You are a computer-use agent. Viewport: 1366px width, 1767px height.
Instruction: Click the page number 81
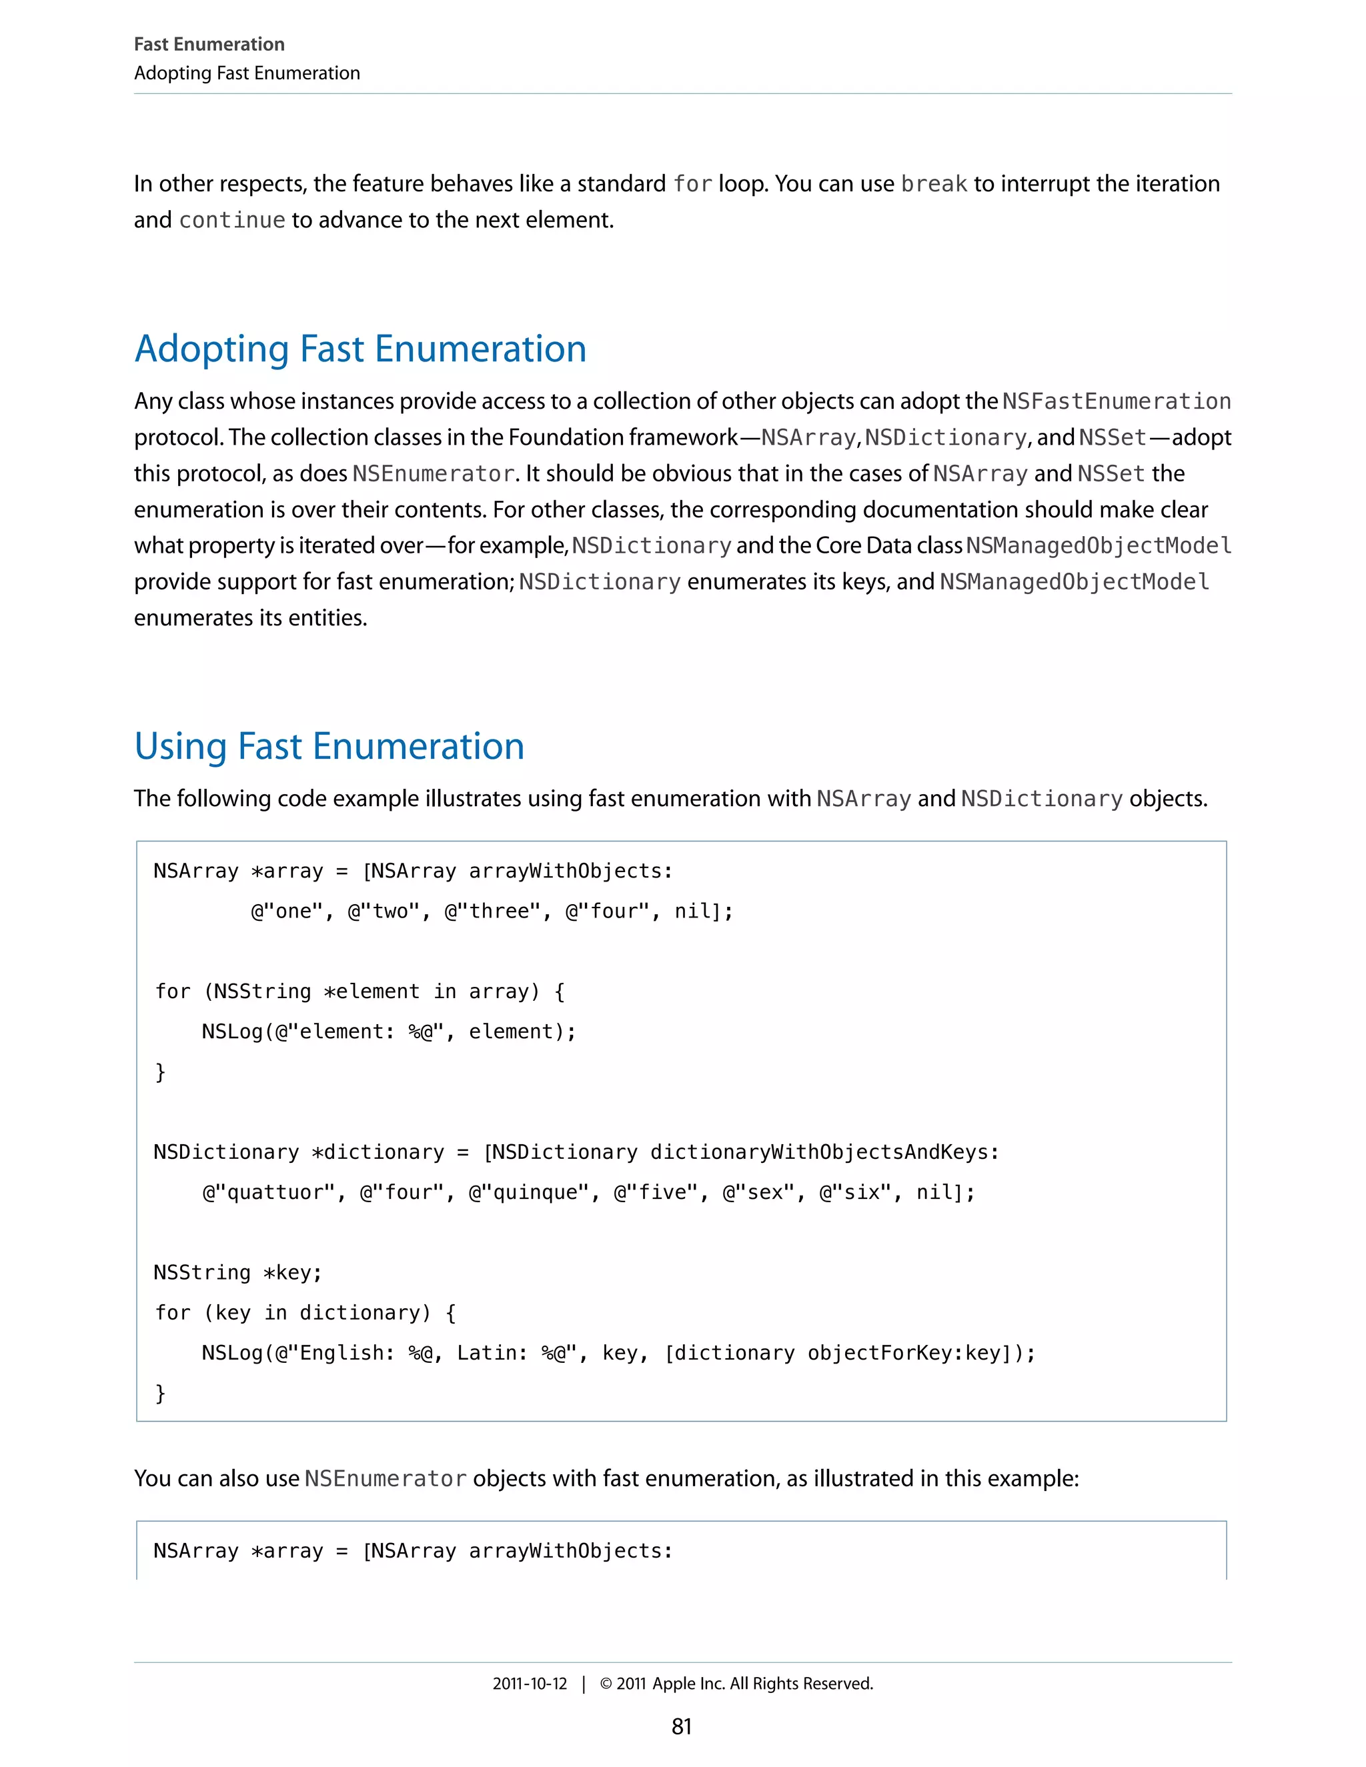coord(682,1726)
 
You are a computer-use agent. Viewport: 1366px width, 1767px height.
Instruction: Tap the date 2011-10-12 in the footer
coord(530,1683)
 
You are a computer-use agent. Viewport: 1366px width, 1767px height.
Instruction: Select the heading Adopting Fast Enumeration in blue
coord(360,349)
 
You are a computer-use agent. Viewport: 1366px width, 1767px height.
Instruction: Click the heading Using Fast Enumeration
coord(329,746)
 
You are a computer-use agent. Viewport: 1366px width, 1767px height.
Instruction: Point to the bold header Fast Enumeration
coord(209,45)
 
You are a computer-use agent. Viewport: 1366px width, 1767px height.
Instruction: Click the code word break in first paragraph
coord(934,185)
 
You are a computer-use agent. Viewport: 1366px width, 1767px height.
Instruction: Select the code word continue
coord(232,220)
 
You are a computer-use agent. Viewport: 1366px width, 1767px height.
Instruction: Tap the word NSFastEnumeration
coord(1116,401)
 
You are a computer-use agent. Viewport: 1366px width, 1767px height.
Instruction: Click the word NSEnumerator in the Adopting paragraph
coord(434,473)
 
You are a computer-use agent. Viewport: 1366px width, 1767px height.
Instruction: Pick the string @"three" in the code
coord(493,912)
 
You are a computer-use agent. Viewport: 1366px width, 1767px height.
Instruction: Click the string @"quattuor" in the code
coord(269,1193)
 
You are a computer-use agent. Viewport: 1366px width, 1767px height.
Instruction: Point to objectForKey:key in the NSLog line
coord(904,1353)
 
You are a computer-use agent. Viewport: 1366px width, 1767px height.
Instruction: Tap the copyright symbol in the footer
coord(606,1684)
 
